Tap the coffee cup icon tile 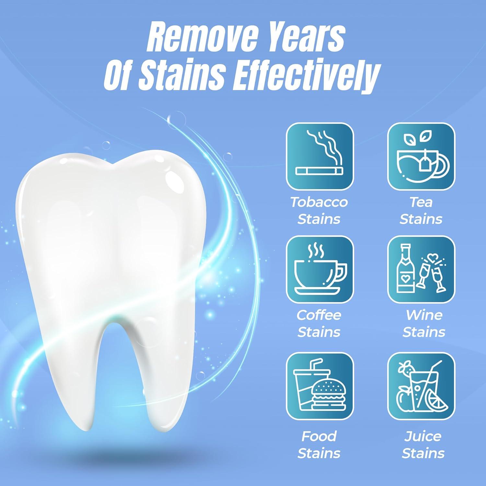point(320,270)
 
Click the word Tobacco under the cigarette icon point(319,202)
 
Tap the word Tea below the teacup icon point(421,202)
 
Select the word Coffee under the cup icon point(319,315)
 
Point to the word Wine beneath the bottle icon point(424,315)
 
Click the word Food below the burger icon point(319,436)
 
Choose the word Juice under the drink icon point(423,436)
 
